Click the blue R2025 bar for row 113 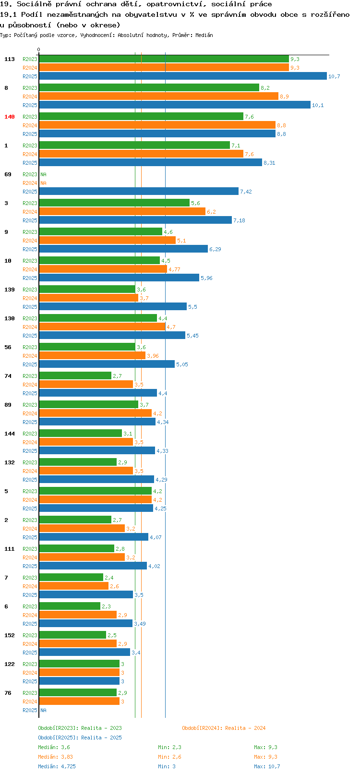[x=183, y=76]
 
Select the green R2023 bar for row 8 [x=149, y=87]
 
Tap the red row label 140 [x=9, y=117]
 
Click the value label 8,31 [x=269, y=163]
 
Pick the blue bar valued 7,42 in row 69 [x=139, y=191]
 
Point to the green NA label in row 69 [x=43, y=174]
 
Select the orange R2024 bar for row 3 [x=122, y=211]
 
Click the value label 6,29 [x=215, y=249]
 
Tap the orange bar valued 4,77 [x=103, y=269]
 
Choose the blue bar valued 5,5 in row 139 [x=113, y=306]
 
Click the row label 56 [x=8, y=347]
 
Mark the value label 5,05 [x=182, y=364]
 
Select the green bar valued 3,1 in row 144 [x=81, y=433]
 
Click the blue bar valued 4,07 [x=94, y=537]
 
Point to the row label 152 [x=9, y=635]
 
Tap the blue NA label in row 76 [x=43, y=710]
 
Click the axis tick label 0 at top [x=38, y=49]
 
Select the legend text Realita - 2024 [x=245, y=728]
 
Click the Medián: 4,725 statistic [x=57, y=766]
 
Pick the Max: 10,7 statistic [x=267, y=766]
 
